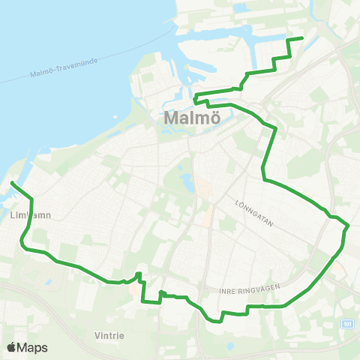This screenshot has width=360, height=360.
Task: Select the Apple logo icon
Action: point(11,347)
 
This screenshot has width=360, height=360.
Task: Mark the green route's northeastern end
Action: point(301,37)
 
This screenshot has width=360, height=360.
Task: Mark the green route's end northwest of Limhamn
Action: point(12,183)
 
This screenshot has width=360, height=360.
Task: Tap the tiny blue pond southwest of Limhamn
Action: point(48,283)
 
